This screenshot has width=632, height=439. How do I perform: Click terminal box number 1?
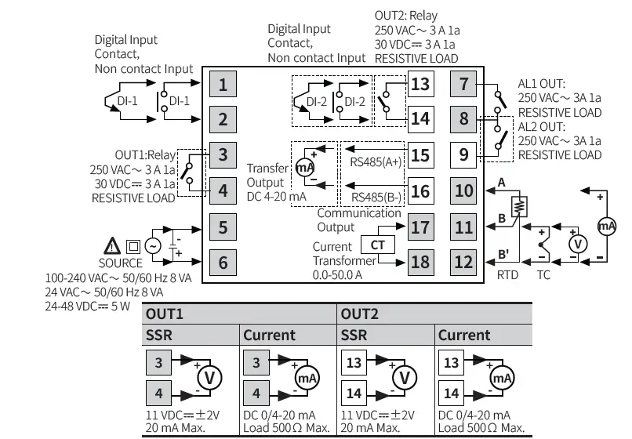223,84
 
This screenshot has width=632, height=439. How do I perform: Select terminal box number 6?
223,263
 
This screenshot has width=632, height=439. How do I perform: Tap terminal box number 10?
464,190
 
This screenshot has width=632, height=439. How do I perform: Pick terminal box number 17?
420,227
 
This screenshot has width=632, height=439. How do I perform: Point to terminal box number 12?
464,263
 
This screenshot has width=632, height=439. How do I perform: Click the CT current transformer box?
377,245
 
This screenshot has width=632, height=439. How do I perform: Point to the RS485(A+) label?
376,161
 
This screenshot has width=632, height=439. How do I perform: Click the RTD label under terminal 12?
508,275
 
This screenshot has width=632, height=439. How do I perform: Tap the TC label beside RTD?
543,275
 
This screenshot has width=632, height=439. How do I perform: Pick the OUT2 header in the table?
360,314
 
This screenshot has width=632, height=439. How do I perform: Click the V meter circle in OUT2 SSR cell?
405,378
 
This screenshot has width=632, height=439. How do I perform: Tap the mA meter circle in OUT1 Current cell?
306,378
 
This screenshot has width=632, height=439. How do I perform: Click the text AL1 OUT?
542,82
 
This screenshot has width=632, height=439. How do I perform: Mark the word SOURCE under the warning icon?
121,263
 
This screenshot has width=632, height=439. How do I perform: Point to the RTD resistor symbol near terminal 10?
518,206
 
